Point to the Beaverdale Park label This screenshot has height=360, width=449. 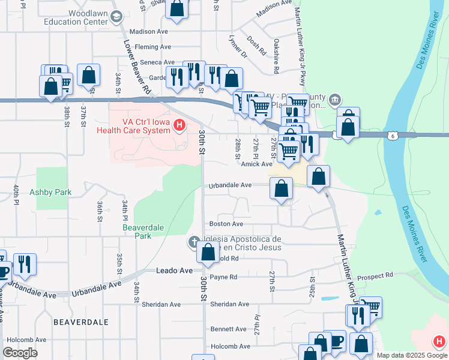[143, 232]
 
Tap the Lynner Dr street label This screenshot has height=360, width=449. [238, 46]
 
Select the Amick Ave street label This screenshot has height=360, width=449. [256, 164]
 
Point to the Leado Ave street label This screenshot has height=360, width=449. [174, 271]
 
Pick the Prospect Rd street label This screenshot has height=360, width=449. [375, 275]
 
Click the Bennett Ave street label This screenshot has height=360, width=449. [228, 329]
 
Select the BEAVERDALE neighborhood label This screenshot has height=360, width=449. [81, 322]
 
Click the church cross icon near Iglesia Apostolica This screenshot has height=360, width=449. [193, 242]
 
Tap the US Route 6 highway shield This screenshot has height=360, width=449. [392, 136]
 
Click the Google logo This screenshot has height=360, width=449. [20, 353]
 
